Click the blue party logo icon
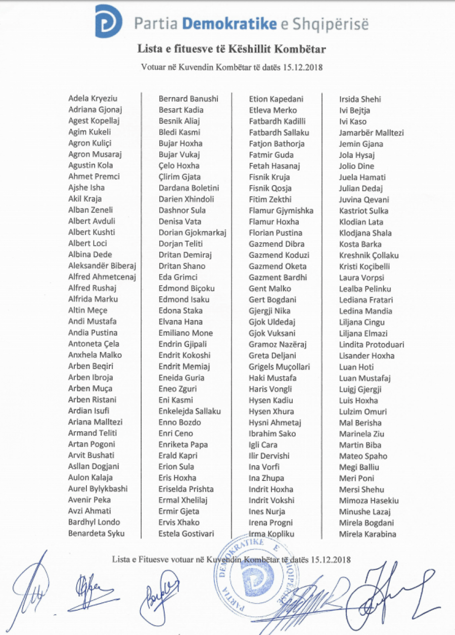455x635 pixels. (x=108, y=21)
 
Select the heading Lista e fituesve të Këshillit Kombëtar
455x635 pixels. (x=232, y=49)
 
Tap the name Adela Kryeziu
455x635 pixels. (x=93, y=99)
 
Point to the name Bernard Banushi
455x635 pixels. (x=188, y=99)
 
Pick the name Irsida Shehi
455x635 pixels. (x=360, y=100)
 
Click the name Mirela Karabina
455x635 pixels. (x=368, y=534)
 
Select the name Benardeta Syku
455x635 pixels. (x=96, y=533)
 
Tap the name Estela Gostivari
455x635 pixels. (x=186, y=534)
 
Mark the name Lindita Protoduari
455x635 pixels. (x=372, y=345)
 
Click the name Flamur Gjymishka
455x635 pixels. (x=281, y=211)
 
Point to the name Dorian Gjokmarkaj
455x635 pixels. (x=192, y=233)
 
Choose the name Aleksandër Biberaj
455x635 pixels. (x=102, y=265)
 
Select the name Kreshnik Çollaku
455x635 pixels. (x=369, y=255)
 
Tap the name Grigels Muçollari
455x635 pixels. (x=279, y=367)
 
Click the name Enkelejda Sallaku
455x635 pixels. (x=190, y=412)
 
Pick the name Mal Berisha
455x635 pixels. (x=360, y=423)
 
